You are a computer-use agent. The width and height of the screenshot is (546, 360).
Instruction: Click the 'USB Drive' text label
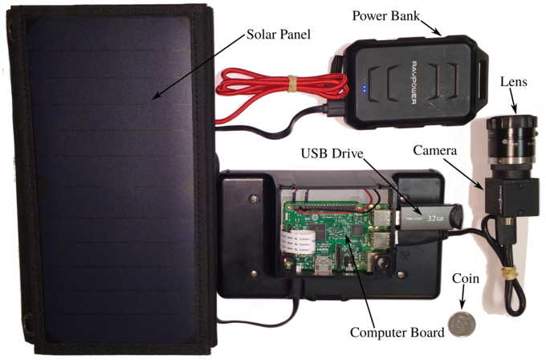point(332,153)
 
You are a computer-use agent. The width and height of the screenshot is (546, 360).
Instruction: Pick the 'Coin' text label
point(465,279)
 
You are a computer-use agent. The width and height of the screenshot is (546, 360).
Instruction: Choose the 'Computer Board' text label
point(397,333)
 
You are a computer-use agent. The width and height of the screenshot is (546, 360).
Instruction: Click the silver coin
point(461,324)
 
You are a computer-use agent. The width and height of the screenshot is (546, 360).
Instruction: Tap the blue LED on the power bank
point(364,89)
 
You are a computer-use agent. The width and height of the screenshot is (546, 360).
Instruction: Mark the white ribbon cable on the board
point(296,239)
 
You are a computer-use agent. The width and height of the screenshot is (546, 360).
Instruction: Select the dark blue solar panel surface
point(112,177)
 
